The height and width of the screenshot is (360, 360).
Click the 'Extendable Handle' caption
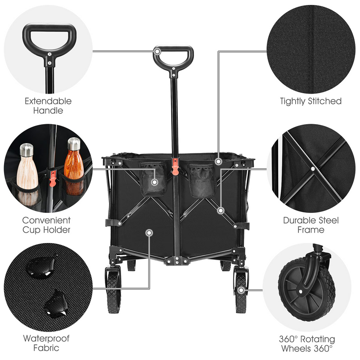(x=48, y=106)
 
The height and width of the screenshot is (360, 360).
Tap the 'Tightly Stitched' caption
(x=311, y=101)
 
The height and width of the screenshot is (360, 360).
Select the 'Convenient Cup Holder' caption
(x=47, y=225)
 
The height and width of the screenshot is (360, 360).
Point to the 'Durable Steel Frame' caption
(x=310, y=225)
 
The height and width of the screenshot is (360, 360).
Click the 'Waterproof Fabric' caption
(x=47, y=343)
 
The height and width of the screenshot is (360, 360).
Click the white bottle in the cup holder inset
(x=27, y=173)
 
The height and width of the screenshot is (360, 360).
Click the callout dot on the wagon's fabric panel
(x=149, y=232)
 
